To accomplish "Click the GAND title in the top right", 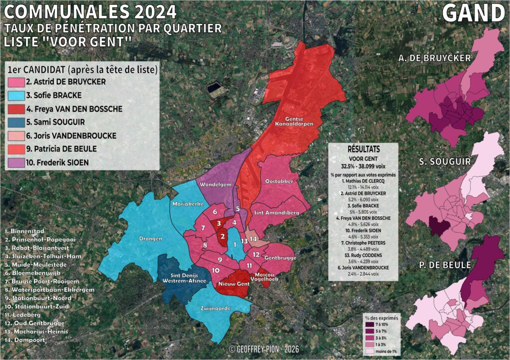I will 474,13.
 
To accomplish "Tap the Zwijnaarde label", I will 215,309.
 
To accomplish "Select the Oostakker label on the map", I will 279,181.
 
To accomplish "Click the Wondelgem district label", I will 214,185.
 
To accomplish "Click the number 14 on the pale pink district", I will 253,240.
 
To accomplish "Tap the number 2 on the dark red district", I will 223,237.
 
